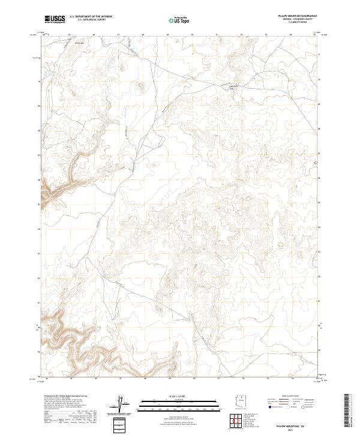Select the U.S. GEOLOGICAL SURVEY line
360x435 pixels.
pos(91,21)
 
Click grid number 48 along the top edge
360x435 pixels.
pos(143,35)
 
